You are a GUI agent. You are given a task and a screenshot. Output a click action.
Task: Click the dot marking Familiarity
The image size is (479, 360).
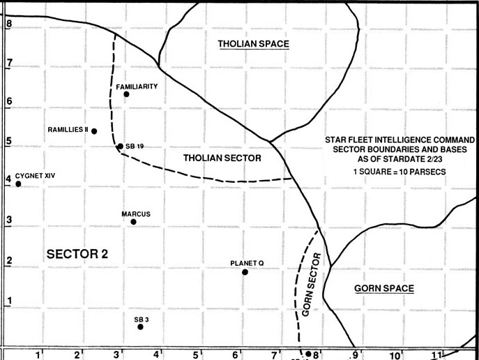pyautogui.click(x=126, y=94)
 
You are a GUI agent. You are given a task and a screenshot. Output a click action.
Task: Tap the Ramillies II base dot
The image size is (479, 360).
pyautogui.click(x=94, y=131)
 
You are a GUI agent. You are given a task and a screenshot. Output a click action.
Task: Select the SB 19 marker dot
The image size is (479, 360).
pyautogui.click(x=120, y=147)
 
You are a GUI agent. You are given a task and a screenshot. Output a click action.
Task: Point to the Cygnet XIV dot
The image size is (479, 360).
pyautogui.click(x=18, y=184)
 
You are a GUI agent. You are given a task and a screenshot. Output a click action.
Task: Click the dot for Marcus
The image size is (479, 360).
pyautogui.click(x=133, y=222)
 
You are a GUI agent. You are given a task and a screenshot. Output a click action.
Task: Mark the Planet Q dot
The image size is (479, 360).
pyautogui.click(x=245, y=271)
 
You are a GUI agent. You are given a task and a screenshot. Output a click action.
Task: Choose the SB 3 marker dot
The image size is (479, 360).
pyautogui.click(x=140, y=327)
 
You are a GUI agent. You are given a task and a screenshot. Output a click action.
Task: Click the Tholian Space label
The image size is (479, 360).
pyautogui.click(x=253, y=44)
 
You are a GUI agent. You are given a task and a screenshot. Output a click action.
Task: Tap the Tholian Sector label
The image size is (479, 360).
pyautogui.click(x=222, y=158)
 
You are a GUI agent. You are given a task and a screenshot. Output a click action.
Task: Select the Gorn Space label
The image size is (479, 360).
pyautogui.click(x=383, y=288)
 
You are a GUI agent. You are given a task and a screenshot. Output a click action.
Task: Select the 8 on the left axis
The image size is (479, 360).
pyautogui.click(x=9, y=23)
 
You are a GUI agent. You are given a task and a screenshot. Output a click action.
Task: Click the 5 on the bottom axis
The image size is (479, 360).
pyautogui.click(x=197, y=354)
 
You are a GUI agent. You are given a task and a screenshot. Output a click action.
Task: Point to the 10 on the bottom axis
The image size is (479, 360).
pyautogui.click(x=395, y=355)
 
